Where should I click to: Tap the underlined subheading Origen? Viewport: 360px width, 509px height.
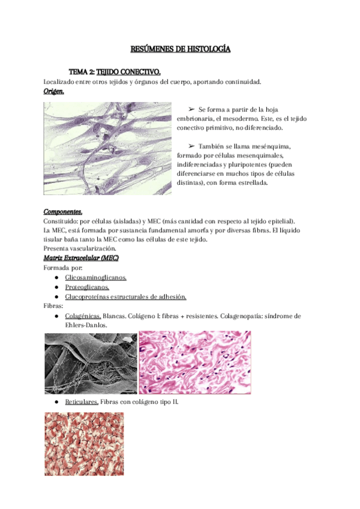tap(53, 91)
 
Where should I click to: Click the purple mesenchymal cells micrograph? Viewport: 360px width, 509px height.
tap(107, 148)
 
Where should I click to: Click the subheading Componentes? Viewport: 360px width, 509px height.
tap(63, 212)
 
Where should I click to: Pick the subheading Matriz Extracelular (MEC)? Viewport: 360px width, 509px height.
tap(81, 258)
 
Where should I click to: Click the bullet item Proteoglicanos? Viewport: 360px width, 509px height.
tap(87, 287)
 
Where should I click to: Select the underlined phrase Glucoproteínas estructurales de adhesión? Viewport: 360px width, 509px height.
tap(125, 297)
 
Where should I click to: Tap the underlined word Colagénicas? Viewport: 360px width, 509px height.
tap(83, 316)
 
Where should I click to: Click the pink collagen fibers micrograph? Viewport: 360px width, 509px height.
tap(195, 363)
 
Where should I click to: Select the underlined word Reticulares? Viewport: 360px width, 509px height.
tap(82, 403)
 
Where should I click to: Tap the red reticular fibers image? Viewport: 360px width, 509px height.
tap(84, 444)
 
